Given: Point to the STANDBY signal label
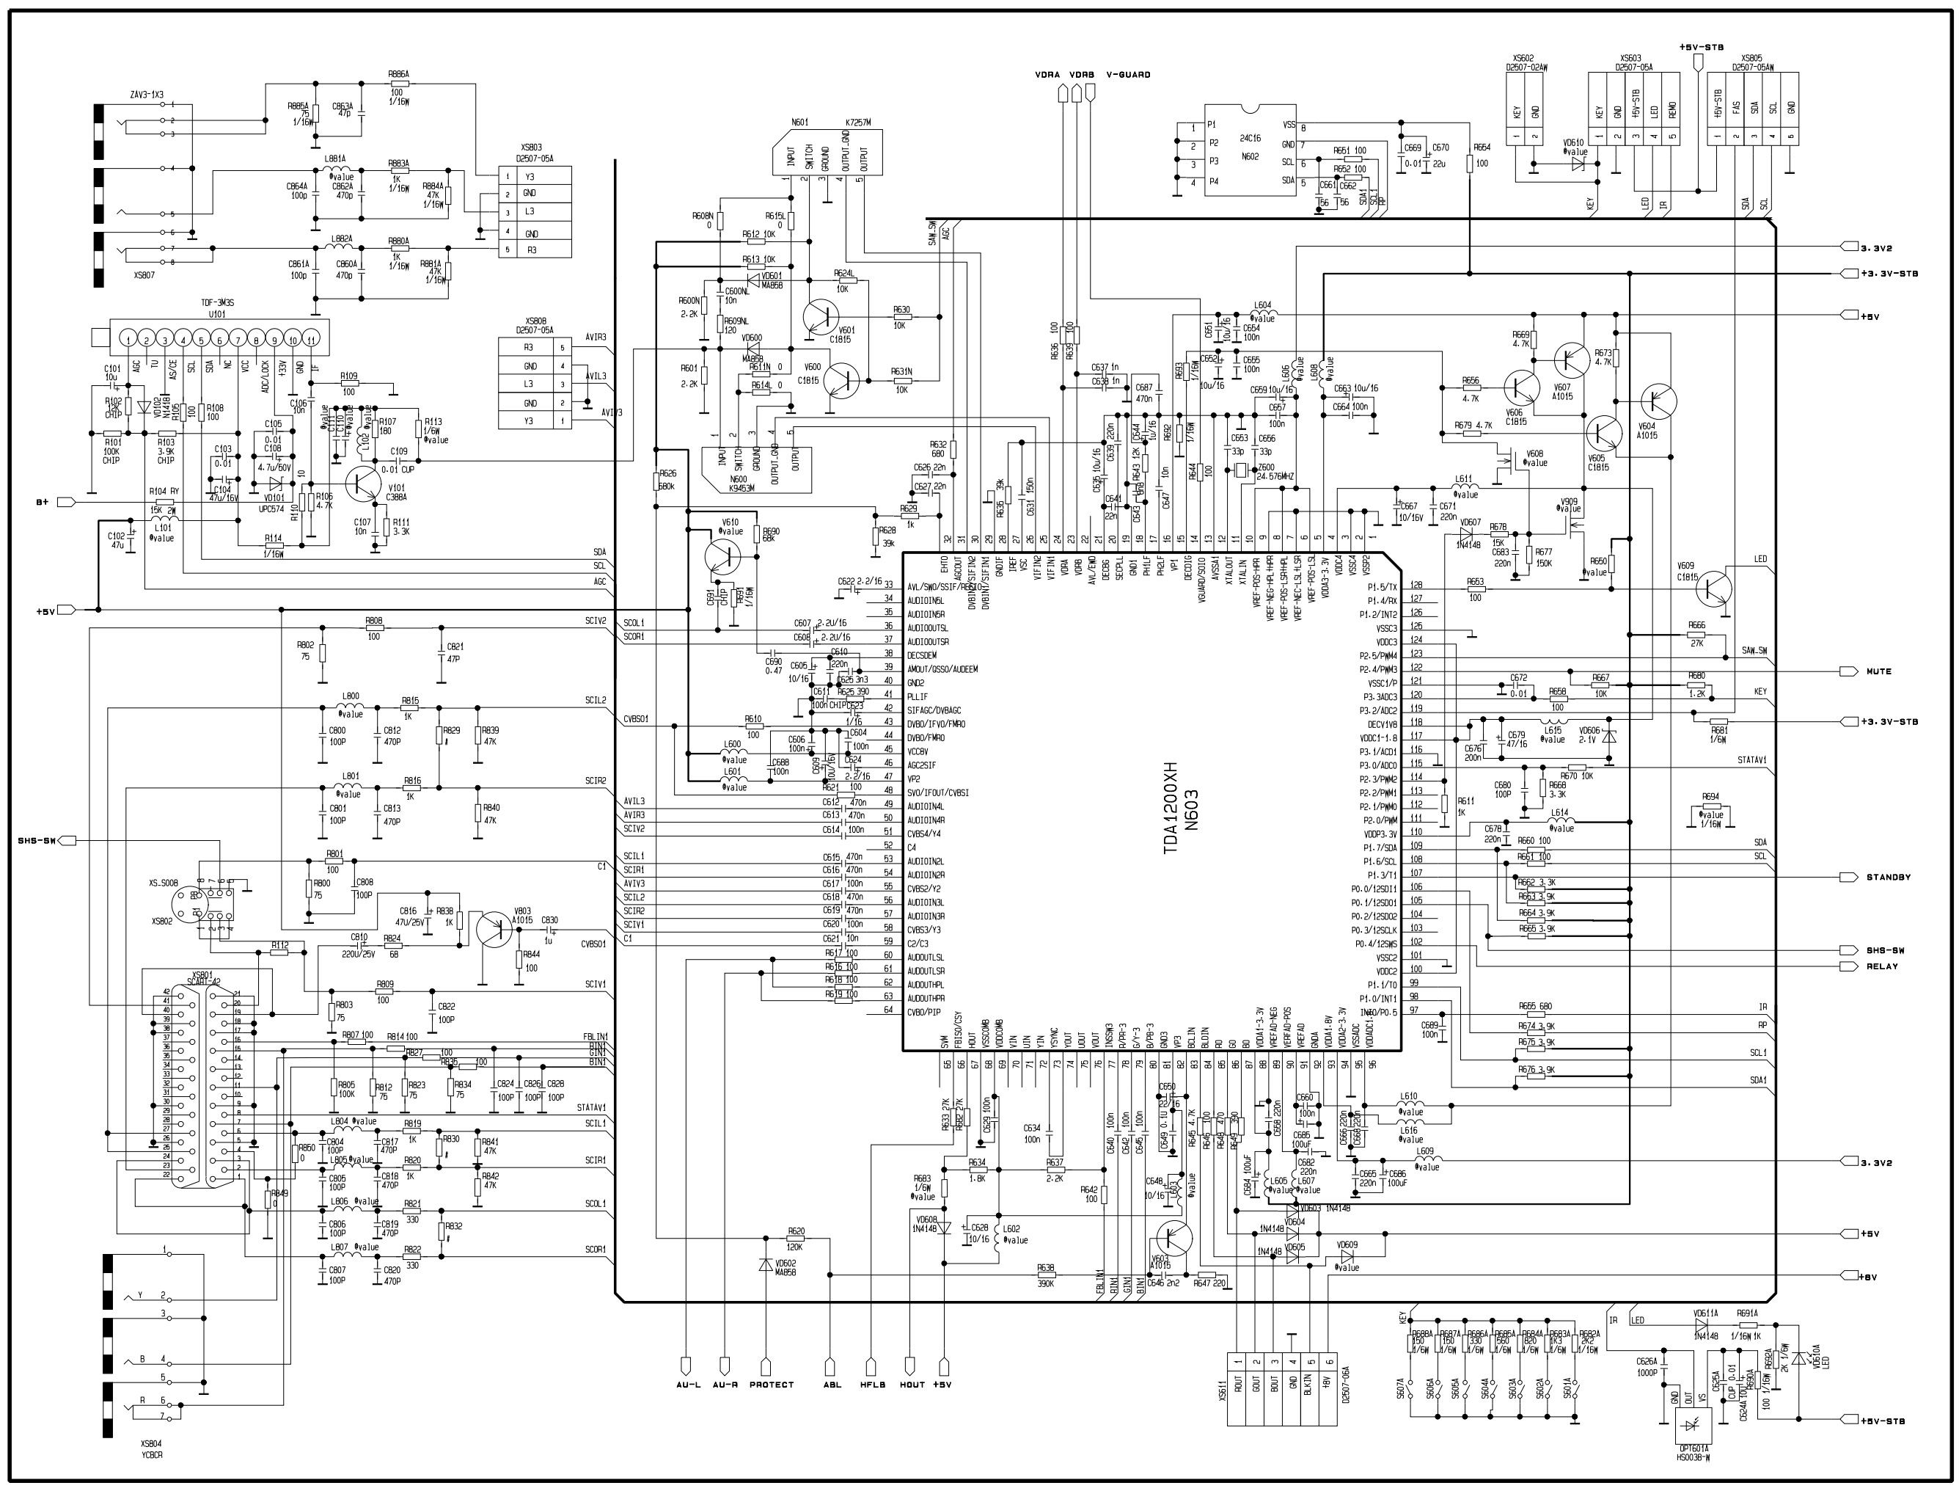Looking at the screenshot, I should click(x=1887, y=877).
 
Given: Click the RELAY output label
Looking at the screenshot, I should click(x=1882, y=966).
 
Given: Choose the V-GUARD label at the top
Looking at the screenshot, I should click(x=1128, y=75).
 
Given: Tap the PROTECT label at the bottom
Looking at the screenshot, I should click(x=771, y=1384).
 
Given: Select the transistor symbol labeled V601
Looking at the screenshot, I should click(x=820, y=316).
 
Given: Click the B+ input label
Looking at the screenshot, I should click(x=42, y=503).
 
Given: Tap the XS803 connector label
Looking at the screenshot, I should click(x=532, y=148).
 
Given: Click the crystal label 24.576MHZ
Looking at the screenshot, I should click(x=1276, y=477).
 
